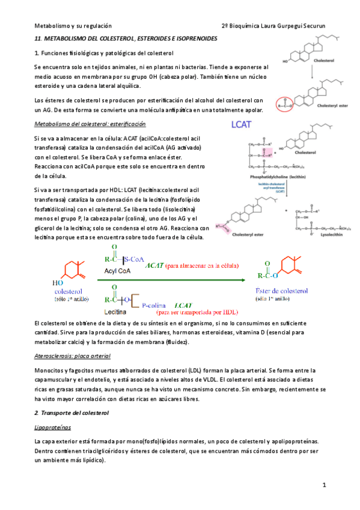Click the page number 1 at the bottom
(x=323, y=484)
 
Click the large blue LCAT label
(x=245, y=126)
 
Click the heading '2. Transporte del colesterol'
(x=72, y=414)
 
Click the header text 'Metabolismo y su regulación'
(x=73, y=26)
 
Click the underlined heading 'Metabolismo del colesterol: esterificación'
(x=90, y=124)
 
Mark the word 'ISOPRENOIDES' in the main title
(x=209, y=39)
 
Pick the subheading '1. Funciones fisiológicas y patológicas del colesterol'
(x=103, y=54)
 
